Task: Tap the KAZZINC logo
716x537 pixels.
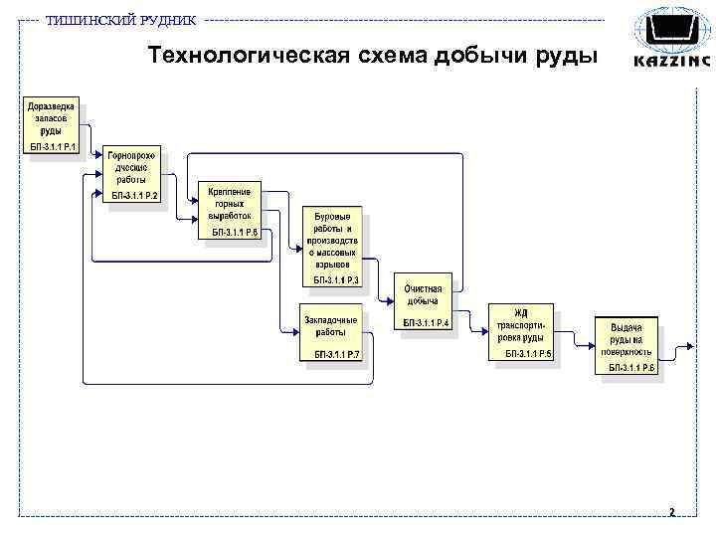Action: click(672, 39)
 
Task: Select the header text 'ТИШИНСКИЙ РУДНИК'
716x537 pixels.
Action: click(121, 21)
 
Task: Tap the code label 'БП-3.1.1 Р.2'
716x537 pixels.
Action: click(134, 196)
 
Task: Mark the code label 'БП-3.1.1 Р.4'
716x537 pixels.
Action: click(427, 323)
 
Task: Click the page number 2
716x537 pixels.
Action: click(672, 513)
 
